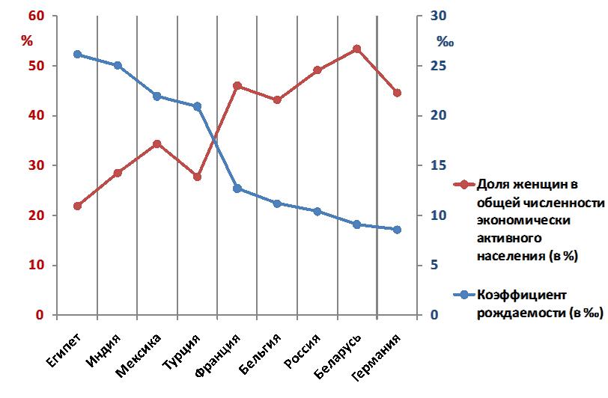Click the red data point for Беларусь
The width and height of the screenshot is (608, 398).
tap(356, 49)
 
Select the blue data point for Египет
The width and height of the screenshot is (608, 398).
tap(77, 55)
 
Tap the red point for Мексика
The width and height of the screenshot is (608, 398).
tap(157, 144)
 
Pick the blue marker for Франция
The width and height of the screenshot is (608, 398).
tap(237, 189)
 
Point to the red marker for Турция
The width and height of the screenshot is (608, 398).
tap(197, 177)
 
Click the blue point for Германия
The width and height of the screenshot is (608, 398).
tap(397, 230)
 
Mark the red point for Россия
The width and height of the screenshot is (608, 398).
tap(317, 70)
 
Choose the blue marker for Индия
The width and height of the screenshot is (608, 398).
tap(118, 66)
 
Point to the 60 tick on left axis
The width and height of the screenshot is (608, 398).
tap(37, 16)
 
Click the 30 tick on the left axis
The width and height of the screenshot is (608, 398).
tap(37, 165)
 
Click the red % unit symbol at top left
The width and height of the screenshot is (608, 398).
tap(27, 41)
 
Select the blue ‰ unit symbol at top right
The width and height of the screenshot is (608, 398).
tap(446, 42)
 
